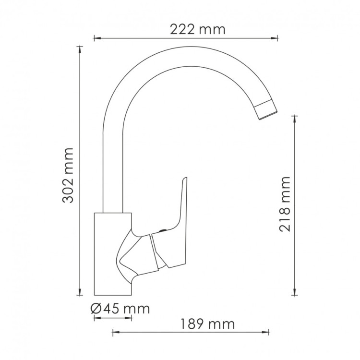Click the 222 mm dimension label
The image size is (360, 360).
tap(197, 29)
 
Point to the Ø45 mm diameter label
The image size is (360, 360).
tap(120, 309)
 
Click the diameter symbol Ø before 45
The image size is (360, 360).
tap(96, 309)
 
